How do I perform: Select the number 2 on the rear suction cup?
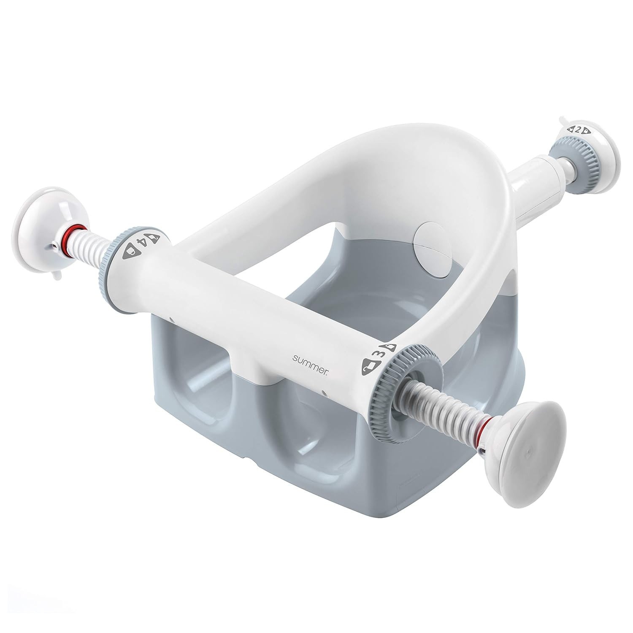[x=578, y=130]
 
